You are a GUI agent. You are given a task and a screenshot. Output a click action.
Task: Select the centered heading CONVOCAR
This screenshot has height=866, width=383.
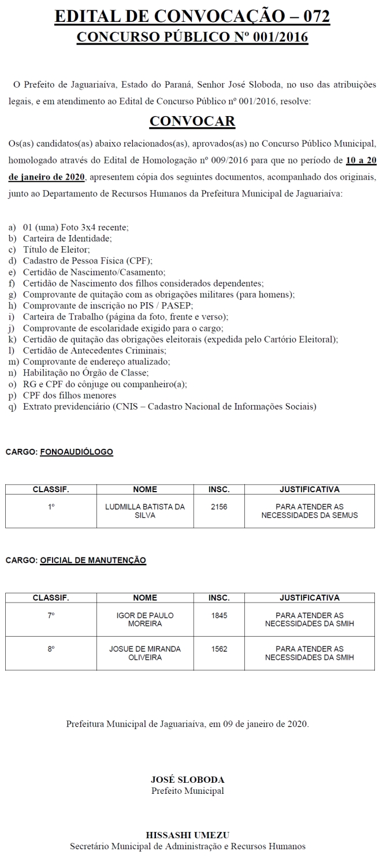point(192,121)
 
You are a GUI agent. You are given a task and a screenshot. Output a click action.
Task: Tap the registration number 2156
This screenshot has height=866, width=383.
point(219,507)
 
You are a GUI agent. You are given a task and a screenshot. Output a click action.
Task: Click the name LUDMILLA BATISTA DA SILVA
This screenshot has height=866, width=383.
point(145,511)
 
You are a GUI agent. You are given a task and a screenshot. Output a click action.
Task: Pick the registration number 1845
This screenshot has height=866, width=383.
point(219,615)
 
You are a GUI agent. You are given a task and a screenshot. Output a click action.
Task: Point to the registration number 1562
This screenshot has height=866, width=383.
point(219,649)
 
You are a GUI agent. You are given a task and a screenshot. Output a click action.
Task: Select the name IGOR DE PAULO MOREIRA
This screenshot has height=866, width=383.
point(145,619)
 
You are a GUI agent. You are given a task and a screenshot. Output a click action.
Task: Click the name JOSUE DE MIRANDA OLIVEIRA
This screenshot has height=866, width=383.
point(145,653)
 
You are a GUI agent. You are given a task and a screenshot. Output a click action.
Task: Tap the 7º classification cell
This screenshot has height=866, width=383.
point(51,615)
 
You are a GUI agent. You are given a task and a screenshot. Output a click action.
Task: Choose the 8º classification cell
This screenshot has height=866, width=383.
point(51,649)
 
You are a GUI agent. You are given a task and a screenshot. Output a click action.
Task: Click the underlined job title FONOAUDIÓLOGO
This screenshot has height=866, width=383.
point(77,451)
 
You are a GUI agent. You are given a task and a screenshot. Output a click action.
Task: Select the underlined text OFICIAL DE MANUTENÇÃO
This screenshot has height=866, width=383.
point(93,560)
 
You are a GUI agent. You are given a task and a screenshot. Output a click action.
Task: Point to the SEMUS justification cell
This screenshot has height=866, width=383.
point(309,511)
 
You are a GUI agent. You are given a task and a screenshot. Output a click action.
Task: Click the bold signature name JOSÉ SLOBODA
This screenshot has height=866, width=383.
point(187,779)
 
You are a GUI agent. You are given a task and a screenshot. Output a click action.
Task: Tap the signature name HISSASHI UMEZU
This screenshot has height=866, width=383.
point(187,834)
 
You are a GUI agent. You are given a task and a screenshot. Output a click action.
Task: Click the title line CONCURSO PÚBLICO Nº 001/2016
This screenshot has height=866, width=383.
point(192,38)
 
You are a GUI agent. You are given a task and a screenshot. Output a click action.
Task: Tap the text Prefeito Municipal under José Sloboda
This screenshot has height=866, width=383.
point(187,790)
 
